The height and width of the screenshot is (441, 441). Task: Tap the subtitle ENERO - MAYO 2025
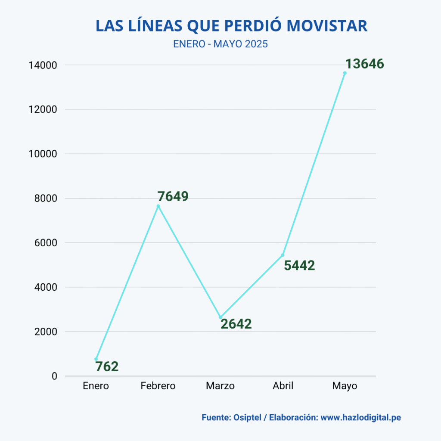[220, 44]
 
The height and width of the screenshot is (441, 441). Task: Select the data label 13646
[364, 64]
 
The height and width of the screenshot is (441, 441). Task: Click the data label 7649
[173, 196]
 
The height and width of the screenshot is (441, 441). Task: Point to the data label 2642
[236, 324]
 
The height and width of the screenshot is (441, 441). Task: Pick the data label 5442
[299, 265]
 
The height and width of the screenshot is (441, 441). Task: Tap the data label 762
[107, 366]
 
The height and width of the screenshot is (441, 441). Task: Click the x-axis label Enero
[96, 386]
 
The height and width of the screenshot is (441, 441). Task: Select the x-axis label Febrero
[158, 386]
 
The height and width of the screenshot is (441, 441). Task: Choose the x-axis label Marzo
[220, 386]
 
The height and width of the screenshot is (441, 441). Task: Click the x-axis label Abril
[283, 386]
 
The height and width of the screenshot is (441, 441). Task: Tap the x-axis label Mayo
[345, 386]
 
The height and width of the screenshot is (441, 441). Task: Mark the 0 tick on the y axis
[54, 376]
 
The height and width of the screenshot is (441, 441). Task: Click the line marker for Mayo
[345, 73]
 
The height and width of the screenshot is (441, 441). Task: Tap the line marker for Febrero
[158, 206]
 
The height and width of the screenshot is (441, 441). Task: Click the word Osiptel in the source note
[247, 417]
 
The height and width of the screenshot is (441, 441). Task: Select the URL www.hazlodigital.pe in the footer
[361, 417]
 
